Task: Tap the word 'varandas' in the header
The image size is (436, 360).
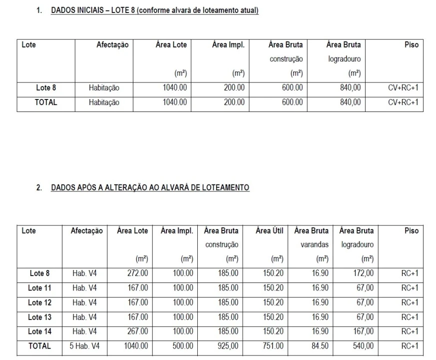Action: [x=314, y=245]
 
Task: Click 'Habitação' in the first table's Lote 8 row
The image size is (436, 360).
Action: [x=104, y=88]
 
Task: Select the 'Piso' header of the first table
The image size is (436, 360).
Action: [x=412, y=45]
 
